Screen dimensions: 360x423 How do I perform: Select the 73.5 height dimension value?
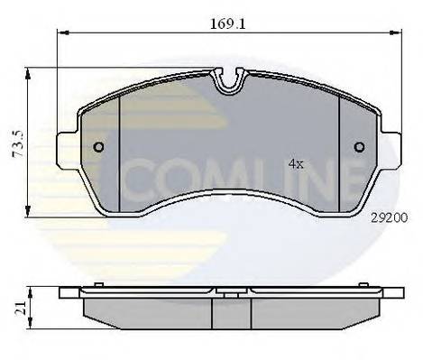pos(14,143)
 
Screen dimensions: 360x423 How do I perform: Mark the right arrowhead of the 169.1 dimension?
pos(398,33)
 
